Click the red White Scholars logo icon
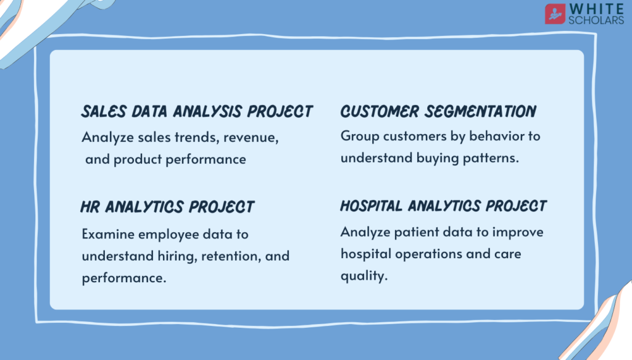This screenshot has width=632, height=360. [x=555, y=14]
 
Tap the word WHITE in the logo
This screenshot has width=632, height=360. [x=597, y=9]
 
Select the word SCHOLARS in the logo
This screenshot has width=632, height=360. [x=596, y=20]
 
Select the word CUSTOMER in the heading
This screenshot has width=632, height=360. [x=380, y=112]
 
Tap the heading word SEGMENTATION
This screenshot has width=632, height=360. [x=480, y=112]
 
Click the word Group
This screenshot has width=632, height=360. [x=360, y=136]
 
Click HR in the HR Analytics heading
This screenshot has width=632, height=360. [x=90, y=207]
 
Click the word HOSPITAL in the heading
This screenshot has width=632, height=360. [x=371, y=206]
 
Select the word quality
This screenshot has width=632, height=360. [x=364, y=276]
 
